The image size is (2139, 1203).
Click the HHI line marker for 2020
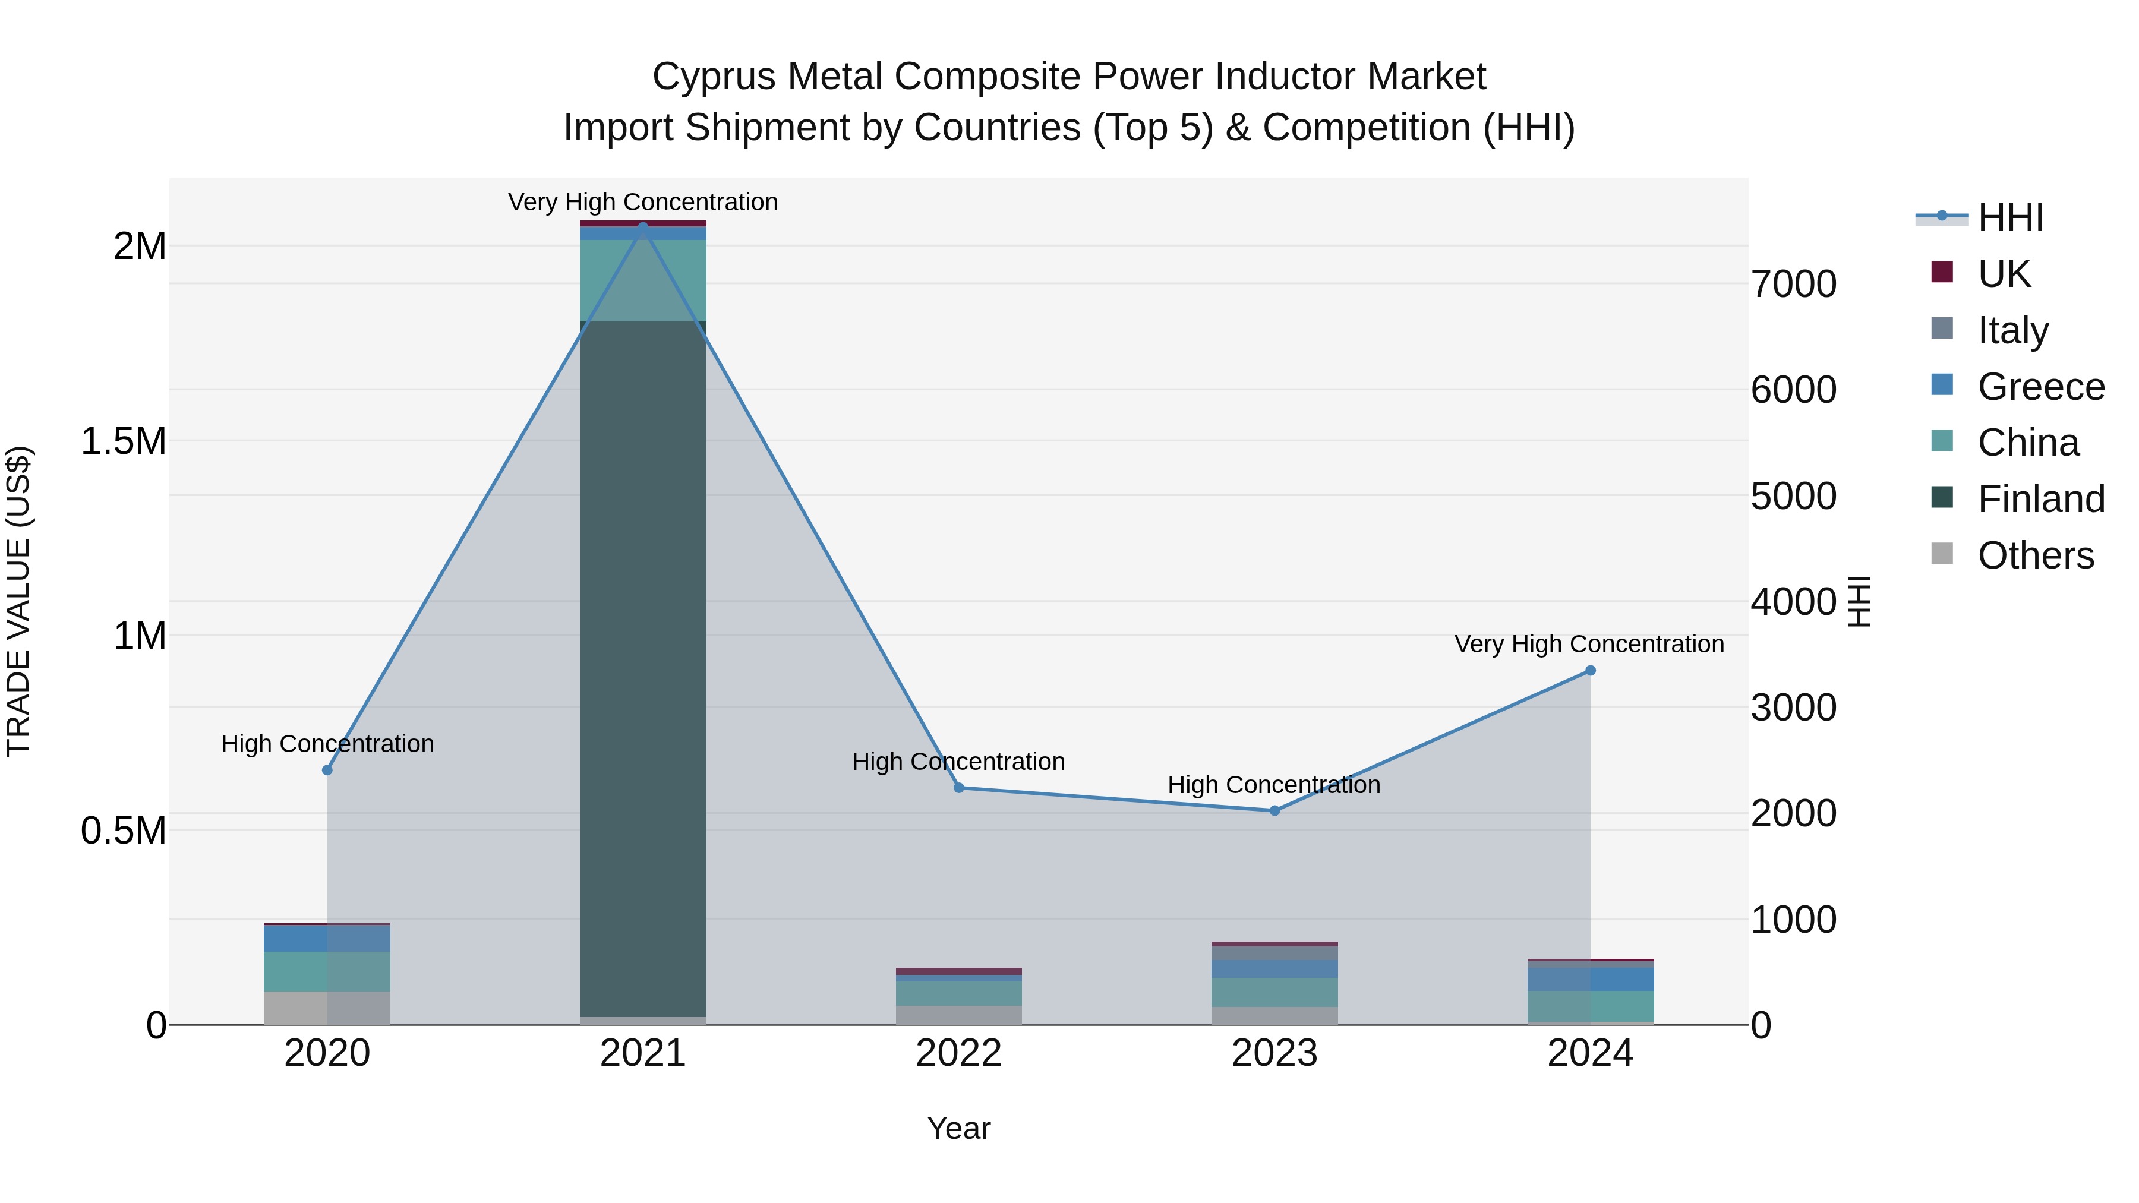click(327, 769)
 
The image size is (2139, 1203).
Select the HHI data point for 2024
click(1590, 670)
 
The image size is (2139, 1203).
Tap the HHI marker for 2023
click(1274, 810)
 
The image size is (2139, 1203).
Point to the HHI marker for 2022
click(959, 787)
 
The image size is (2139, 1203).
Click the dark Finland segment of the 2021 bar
click(643, 664)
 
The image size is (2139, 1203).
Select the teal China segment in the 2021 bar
click(643, 280)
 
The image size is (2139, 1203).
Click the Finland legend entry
click(2040, 499)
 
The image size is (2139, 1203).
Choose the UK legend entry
click(2003, 274)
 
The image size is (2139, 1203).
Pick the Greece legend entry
click(2040, 387)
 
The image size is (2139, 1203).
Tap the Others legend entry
click(2035, 555)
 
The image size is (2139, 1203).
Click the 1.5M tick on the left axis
click(123, 441)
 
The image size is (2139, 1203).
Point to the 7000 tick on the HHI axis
click(1794, 284)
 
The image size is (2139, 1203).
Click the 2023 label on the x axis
click(1274, 1053)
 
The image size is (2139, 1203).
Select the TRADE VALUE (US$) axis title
click(18, 601)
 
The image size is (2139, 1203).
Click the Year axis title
click(958, 1128)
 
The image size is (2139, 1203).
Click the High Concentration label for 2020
click(327, 743)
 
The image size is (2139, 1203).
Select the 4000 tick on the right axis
click(1794, 602)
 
